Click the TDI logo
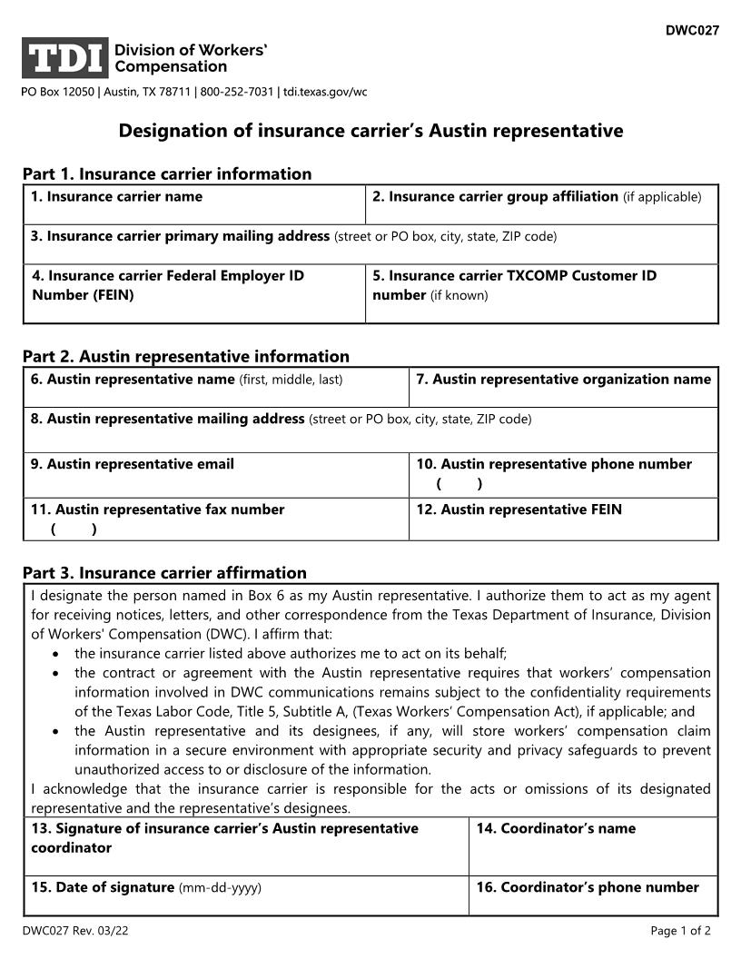(x=65, y=58)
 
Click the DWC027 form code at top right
(x=692, y=30)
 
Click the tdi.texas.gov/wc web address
(x=325, y=92)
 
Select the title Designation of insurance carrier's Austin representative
(x=370, y=131)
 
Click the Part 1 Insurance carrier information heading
(x=167, y=173)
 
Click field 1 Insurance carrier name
(x=193, y=205)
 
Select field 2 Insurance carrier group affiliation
(x=541, y=205)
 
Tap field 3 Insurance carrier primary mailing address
(x=370, y=244)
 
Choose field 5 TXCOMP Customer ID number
(x=541, y=294)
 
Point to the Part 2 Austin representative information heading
(x=186, y=356)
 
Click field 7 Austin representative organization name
(x=563, y=388)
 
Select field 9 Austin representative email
(x=216, y=475)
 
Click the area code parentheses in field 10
(x=459, y=484)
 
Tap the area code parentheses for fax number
(x=74, y=529)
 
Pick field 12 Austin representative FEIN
(x=563, y=519)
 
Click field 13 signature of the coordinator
(x=245, y=847)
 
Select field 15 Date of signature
(x=245, y=895)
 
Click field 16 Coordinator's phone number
(x=592, y=895)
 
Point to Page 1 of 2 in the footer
(x=680, y=931)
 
